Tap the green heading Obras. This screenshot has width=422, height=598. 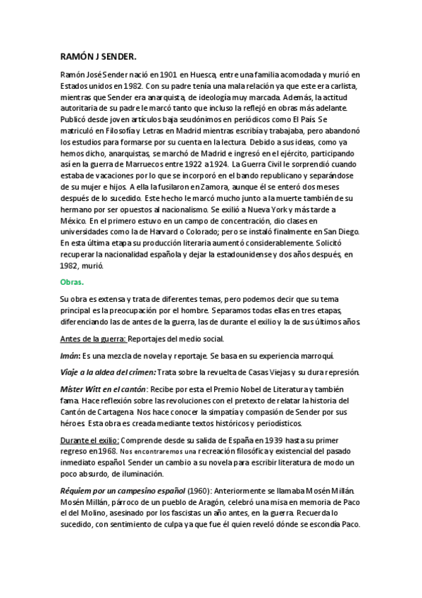point(72,282)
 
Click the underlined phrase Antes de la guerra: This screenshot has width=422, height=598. point(93,339)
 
